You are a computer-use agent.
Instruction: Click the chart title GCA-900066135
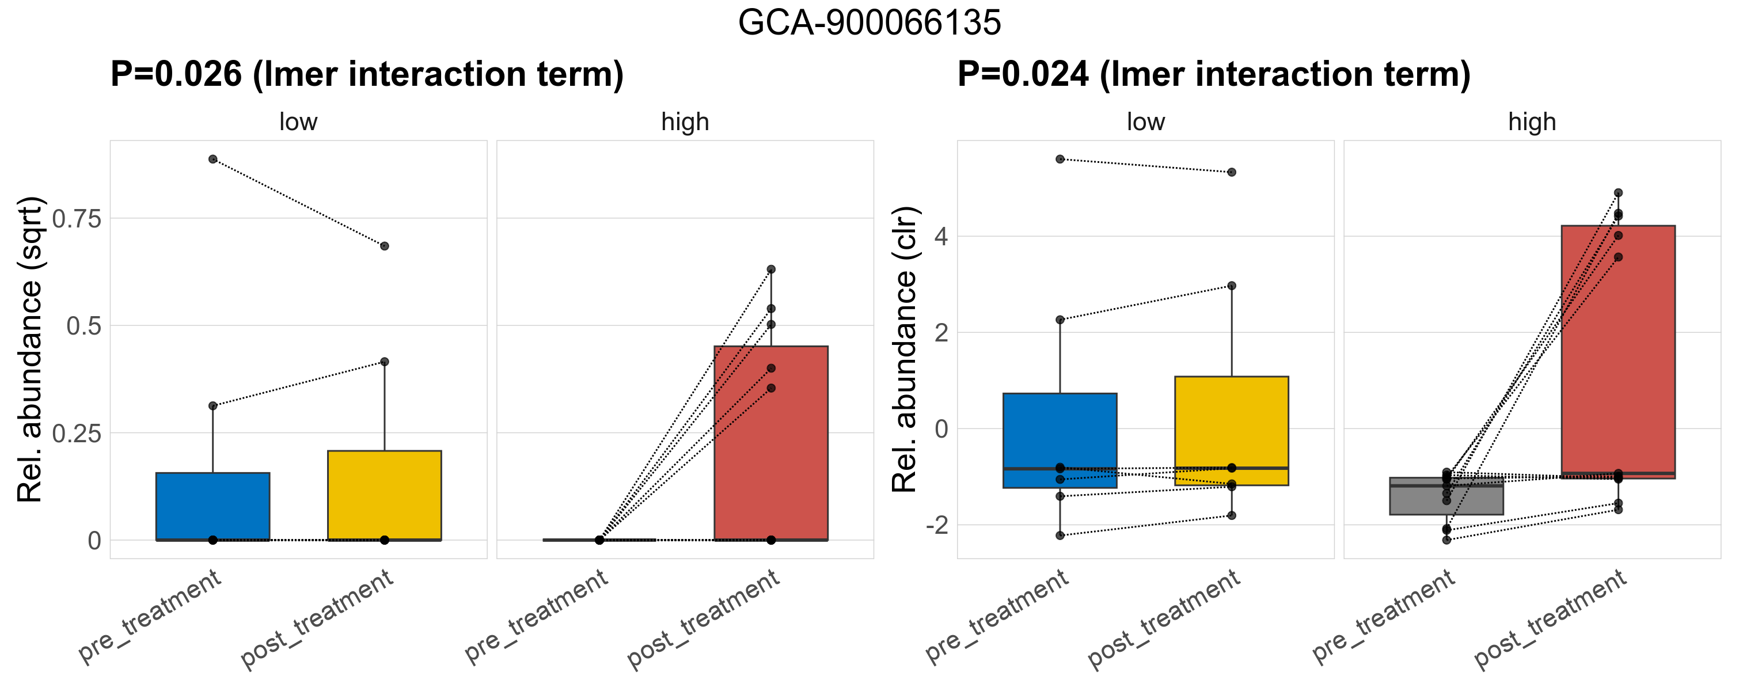pyautogui.click(x=869, y=23)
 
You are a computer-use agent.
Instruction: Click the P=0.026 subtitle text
pyautogui.click(x=367, y=74)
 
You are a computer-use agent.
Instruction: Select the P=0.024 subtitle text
pyautogui.click(x=1213, y=74)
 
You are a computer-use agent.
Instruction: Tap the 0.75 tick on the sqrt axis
pyautogui.click(x=76, y=219)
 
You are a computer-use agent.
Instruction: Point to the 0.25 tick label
pyautogui.click(x=76, y=433)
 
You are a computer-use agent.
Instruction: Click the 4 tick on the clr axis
pyautogui.click(x=940, y=237)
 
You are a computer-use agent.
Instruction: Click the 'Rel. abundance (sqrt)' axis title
pyautogui.click(x=31, y=350)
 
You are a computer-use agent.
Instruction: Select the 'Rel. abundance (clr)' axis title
pyautogui.click(x=905, y=350)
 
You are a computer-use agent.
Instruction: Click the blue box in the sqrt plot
pyautogui.click(x=212, y=506)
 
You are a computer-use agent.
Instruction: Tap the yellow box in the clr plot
pyautogui.click(x=1231, y=431)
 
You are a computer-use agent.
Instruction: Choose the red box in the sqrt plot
pyautogui.click(x=771, y=443)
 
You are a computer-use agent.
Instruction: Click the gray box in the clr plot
pyautogui.click(x=1446, y=496)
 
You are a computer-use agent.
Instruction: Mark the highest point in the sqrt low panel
pyautogui.click(x=212, y=160)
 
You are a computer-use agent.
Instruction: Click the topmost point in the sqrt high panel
pyautogui.click(x=771, y=269)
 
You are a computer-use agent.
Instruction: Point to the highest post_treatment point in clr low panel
pyautogui.click(x=1231, y=172)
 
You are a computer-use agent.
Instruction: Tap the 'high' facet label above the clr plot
pyautogui.click(x=1532, y=122)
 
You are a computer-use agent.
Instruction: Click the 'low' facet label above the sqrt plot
pyautogui.click(x=298, y=122)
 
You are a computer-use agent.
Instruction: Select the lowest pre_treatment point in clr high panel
pyautogui.click(x=1446, y=540)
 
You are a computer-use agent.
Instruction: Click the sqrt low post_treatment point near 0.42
pyautogui.click(x=384, y=362)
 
